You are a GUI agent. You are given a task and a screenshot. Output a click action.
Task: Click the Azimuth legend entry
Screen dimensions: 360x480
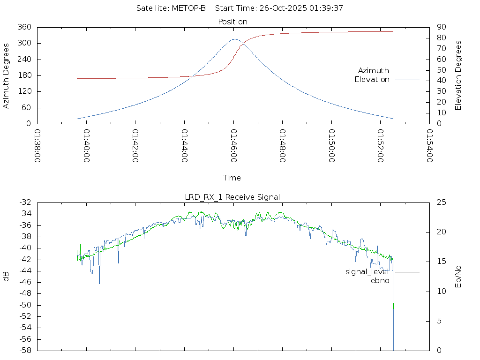[374, 71]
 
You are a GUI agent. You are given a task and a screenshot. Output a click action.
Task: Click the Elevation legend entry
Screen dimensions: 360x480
[372, 80]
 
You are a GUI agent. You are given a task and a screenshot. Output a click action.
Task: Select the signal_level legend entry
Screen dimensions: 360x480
[367, 272]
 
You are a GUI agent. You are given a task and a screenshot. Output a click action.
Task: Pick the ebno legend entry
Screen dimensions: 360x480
[380, 281]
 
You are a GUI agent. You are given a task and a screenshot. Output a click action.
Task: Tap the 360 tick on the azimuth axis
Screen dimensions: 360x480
[24, 27]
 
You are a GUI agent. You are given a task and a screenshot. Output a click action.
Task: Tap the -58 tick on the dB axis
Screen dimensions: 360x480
[25, 351]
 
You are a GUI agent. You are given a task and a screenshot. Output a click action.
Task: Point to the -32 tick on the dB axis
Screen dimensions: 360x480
[25, 202]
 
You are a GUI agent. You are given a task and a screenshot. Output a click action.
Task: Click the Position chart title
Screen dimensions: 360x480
[233, 22]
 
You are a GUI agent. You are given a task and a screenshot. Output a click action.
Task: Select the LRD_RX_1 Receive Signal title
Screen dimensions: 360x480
[232, 197]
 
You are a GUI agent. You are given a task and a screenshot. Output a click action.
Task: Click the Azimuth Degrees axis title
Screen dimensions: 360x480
[7, 75]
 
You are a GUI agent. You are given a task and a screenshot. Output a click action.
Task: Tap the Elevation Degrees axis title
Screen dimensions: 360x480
[458, 75]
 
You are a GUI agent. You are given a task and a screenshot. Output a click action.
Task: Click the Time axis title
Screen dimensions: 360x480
[232, 178]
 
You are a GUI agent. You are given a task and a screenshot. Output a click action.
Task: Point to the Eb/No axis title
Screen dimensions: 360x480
[458, 277]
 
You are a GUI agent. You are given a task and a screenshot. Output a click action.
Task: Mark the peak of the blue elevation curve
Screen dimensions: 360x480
[234, 39]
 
